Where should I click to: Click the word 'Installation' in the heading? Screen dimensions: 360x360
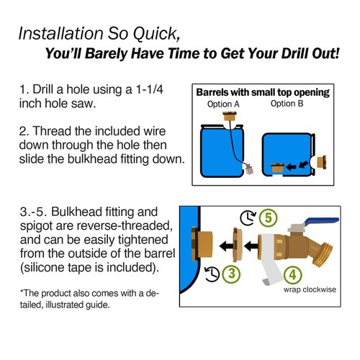coord(60,34)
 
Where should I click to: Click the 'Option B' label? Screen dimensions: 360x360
coord(287,104)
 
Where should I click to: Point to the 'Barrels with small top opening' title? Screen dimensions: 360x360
coord(263,92)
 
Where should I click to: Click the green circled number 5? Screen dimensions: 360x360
coord(268,216)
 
